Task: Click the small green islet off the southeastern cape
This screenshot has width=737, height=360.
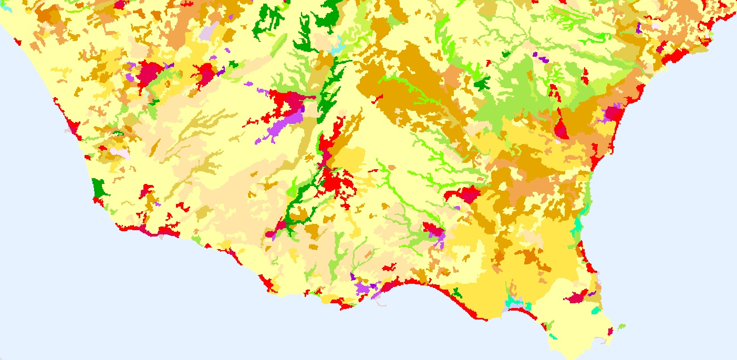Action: pos(622,326)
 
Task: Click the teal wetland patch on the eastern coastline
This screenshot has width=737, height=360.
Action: pos(578,225)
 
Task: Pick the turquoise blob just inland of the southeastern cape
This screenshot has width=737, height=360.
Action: pos(595,311)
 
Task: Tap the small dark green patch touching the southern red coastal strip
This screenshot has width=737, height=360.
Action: pos(457,293)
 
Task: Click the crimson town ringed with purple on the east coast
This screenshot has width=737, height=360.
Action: pos(611,113)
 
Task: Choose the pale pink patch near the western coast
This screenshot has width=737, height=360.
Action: pos(120,153)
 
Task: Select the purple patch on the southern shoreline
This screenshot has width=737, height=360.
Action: pos(364,289)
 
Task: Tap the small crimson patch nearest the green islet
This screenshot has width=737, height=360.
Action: pos(610,332)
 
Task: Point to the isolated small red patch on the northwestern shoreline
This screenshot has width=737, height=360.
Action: pos(17,41)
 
